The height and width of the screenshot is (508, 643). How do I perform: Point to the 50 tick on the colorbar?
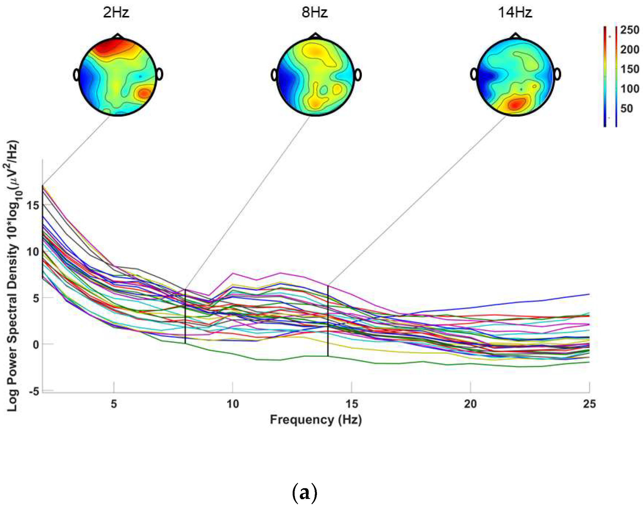click(627, 109)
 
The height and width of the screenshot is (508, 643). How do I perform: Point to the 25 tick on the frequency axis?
click(589, 404)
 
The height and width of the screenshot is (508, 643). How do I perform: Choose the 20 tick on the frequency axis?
click(470, 404)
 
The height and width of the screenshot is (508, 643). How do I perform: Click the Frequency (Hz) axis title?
click(316, 420)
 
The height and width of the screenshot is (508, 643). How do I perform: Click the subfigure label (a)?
click(304, 493)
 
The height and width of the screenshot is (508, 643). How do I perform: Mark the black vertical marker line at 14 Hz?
click(328, 321)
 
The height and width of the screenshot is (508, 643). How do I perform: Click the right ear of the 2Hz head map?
click(160, 74)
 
